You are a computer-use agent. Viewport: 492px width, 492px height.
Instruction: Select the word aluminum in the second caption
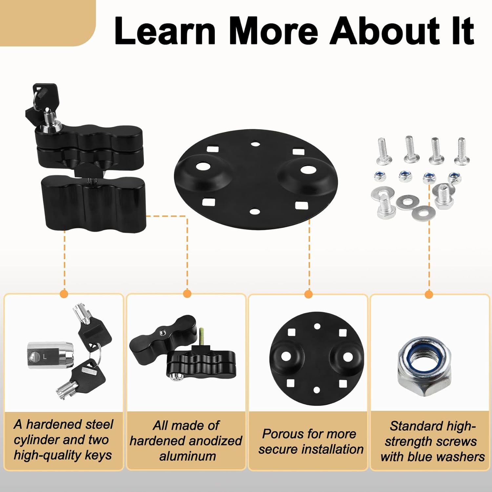188,456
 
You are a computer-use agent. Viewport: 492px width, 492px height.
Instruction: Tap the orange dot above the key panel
65,293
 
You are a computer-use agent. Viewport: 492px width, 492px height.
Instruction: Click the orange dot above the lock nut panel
429,294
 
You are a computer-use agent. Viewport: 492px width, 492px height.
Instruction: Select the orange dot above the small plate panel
308,294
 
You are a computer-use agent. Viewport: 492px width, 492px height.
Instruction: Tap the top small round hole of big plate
255,144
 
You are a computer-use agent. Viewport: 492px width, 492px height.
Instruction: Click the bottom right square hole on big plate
300,206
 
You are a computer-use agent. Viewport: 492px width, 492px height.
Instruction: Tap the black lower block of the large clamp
93,202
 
